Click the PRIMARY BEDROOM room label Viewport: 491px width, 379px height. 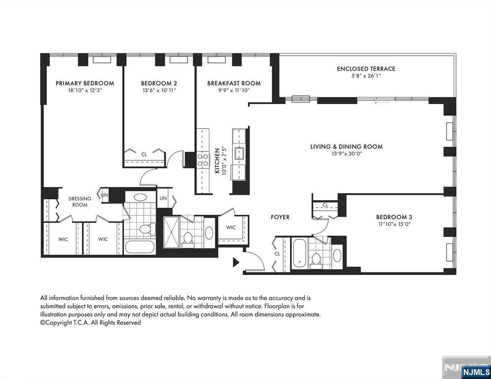coord(85,83)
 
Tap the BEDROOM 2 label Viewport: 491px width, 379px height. coord(159,83)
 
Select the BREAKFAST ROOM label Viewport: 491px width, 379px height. coord(234,83)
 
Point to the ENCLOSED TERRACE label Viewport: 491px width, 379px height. coord(366,69)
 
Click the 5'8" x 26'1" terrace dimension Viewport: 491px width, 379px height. coord(366,76)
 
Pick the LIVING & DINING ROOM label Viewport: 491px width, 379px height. coord(346,147)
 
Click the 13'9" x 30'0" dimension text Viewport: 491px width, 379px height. coord(346,154)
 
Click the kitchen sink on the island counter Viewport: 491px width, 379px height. coord(240,153)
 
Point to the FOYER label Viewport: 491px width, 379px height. coord(280,217)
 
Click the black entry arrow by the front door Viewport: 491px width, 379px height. coord(236,262)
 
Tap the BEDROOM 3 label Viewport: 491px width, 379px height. coord(394,217)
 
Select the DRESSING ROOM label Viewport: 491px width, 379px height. coord(80,202)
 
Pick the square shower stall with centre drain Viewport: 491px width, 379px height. coord(172,231)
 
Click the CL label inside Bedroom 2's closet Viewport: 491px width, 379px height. coord(144,154)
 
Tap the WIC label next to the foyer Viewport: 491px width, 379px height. coord(231,227)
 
